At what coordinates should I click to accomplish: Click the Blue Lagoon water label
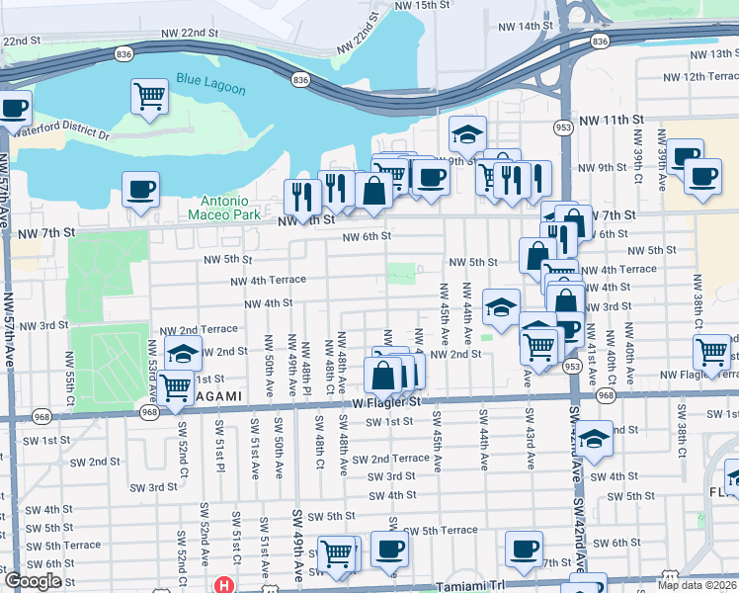(x=210, y=83)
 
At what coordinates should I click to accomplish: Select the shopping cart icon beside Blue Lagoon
(x=149, y=97)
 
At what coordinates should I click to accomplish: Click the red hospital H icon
(x=224, y=585)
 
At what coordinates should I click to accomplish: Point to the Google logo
(x=32, y=581)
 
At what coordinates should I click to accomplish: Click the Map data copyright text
(x=697, y=585)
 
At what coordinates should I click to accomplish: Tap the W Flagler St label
(x=386, y=402)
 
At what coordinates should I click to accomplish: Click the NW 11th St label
(x=610, y=120)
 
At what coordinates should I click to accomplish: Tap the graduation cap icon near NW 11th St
(x=468, y=132)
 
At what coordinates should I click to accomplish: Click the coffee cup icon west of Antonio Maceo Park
(x=141, y=188)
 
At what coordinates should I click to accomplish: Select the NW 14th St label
(x=526, y=26)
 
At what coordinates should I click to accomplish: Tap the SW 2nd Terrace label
(x=385, y=459)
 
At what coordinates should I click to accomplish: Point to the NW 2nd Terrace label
(x=199, y=329)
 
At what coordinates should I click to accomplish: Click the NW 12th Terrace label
(x=700, y=76)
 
